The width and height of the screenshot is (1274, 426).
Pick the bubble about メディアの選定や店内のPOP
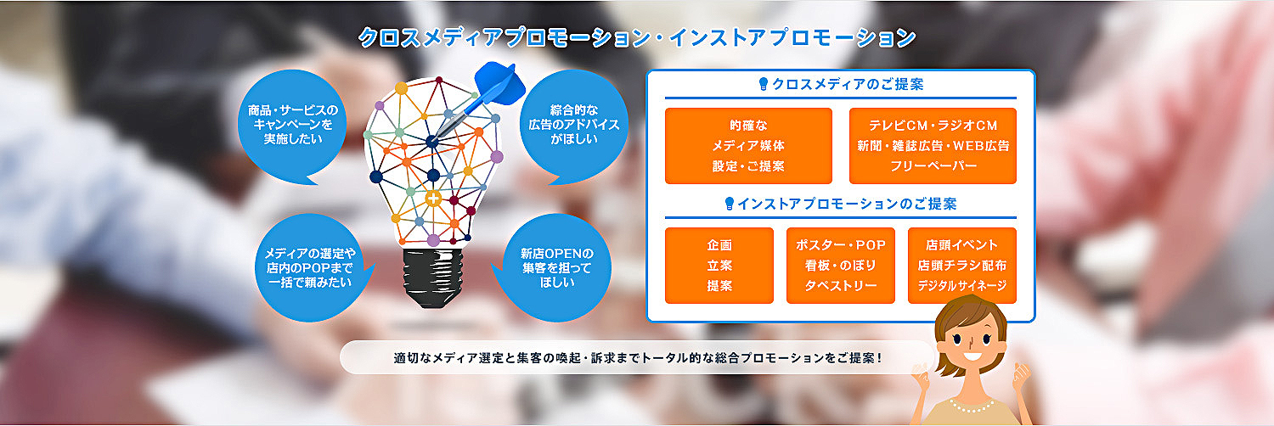(311, 267)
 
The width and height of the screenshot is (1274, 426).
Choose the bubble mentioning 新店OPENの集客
(555, 267)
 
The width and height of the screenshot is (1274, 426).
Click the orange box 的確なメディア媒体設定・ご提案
(748, 146)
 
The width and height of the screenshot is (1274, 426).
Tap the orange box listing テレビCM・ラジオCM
(933, 146)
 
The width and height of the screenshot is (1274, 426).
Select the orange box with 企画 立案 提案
(719, 266)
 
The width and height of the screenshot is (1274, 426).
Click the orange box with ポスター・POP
(841, 266)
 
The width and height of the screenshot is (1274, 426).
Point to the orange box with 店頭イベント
(962, 266)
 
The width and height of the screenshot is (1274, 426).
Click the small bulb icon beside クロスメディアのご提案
(764, 84)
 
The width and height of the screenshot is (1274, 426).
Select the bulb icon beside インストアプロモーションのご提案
(730, 204)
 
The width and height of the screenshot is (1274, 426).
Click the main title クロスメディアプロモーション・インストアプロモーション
(637, 37)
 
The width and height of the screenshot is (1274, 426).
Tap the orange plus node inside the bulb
(433, 199)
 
